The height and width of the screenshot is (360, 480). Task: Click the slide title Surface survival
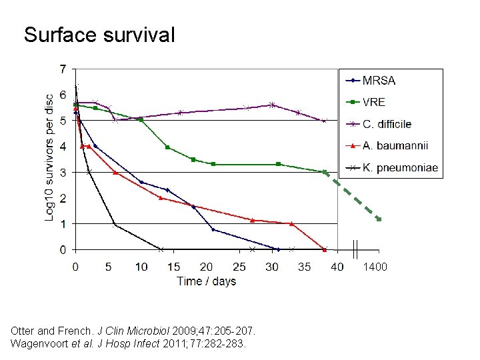tap(99, 35)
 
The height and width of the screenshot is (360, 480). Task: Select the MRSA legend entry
tap(379, 81)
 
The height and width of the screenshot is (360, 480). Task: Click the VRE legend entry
tap(373, 103)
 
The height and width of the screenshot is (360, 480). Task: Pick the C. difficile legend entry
tap(387, 124)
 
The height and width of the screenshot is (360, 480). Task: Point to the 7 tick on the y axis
tap(63, 69)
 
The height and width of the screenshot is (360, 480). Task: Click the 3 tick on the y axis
tap(63, 172)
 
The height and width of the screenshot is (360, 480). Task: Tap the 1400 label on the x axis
tap(375, 267)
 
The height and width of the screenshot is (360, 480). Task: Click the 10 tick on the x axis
tap(141, 267)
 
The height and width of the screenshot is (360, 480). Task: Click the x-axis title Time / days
tap(207, 281)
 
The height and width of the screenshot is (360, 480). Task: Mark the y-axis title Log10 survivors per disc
tap(51, 158)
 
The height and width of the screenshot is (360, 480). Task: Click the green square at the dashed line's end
tap(379, 219)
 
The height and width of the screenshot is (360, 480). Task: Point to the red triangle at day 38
tap(325, 249)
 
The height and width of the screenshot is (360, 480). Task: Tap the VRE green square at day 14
tap(167, 147)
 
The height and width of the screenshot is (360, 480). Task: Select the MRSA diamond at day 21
tap(213, 229)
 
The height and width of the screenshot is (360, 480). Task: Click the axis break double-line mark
tap(356, 249)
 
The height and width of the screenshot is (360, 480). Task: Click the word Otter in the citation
tap(23, 331)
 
